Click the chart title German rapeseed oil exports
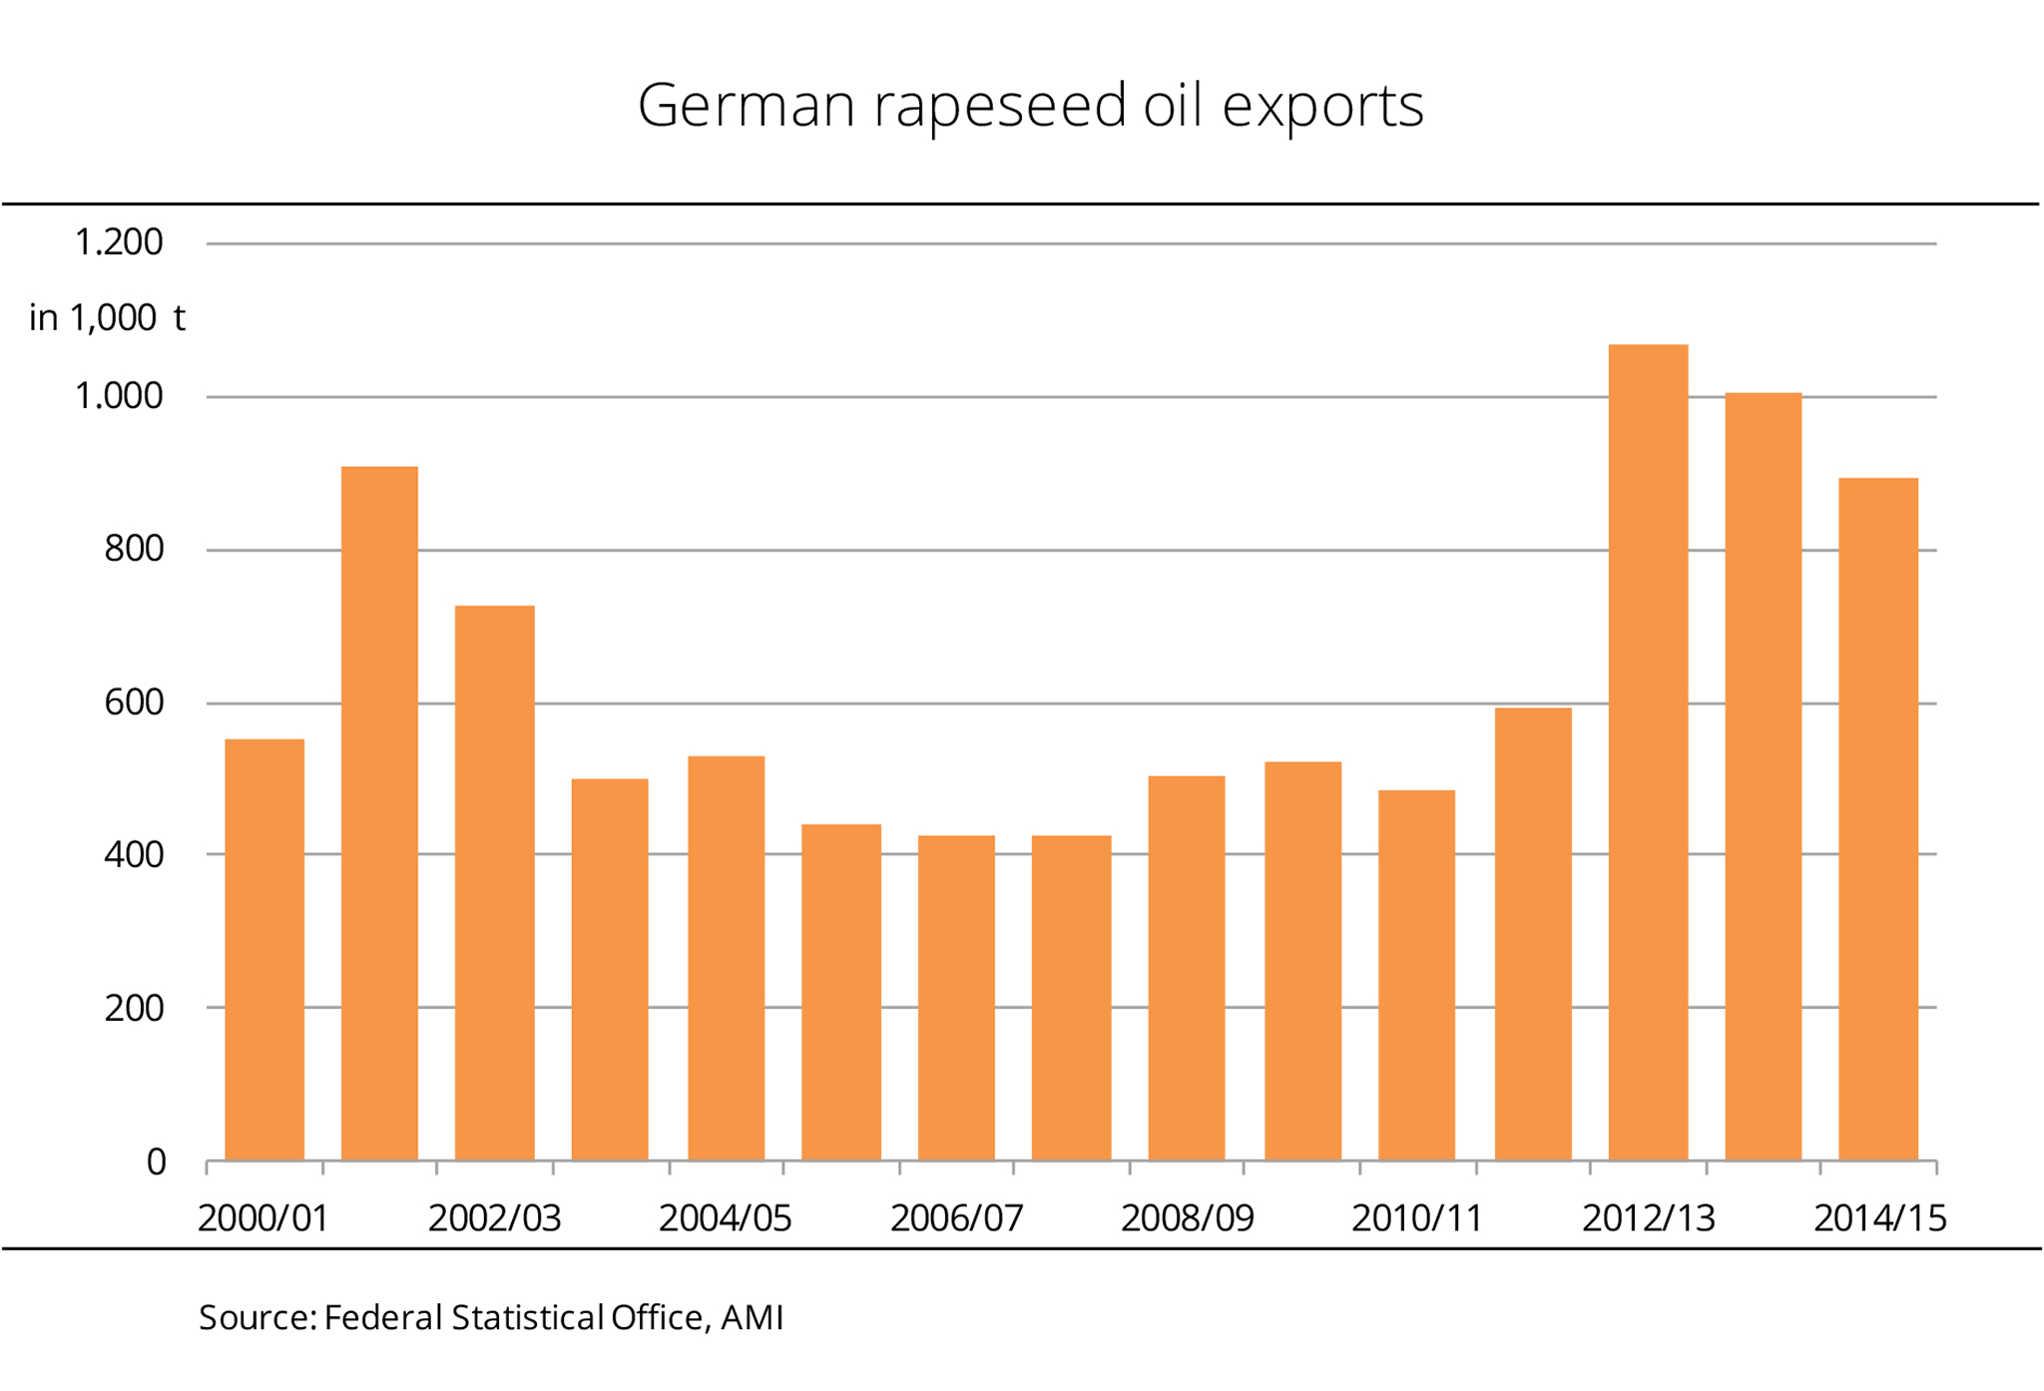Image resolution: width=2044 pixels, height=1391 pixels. pyautogui.click(x=1030, y=106)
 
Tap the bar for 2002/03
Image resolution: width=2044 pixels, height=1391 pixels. pyautogui.click(x=495, y=883)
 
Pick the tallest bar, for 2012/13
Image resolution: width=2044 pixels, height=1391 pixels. pyautogui.click(x=1648, y=752)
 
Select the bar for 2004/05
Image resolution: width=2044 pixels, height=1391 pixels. pyautogui.click(x=726, y=958)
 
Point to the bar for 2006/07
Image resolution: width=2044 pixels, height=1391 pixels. pyautogui.click(x=956, y=998)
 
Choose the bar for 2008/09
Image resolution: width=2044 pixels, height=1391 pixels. pyautogui.click(x=1187, y=968)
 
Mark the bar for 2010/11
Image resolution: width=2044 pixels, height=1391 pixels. pyautogui.click(x=1416, y=975)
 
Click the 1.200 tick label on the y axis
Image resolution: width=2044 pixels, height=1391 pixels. pyautogui.click(x=119, y=242)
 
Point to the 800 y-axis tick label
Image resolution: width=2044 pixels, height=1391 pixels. pyautogui.click(x=134, y=549)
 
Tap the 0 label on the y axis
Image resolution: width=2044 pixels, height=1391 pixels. pyautogui.click(x=156, y=1162)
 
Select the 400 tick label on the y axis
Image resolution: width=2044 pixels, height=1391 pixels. pyautogui.click(x=134, y=855)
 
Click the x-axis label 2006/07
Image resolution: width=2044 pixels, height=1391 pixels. pyautogui.click(x=956, y=1218)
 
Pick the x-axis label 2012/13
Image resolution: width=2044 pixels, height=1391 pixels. pyautogui.click(x=1648, y=1218)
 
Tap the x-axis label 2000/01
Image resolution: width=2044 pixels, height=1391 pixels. pyautogui.click(x=263, y=1218)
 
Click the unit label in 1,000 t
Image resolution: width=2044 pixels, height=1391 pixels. pyautogui.click(x=107, y=318)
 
